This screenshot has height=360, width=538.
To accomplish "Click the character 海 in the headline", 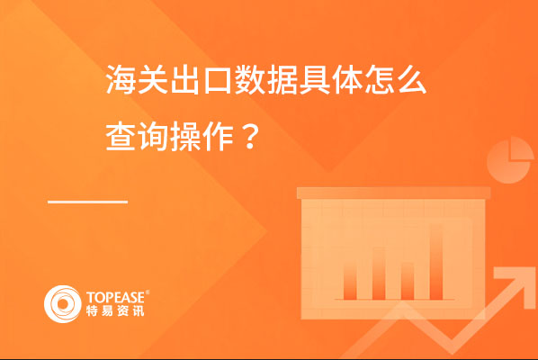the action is [120, 80].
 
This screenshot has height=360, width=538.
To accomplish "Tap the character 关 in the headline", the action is [152, 80].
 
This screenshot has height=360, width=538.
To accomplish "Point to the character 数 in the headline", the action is [250, 80].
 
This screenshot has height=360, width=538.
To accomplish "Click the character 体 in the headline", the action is [347, 80].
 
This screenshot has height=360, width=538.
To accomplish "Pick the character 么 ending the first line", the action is [412, 80].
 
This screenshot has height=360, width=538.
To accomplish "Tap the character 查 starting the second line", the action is [120, 137].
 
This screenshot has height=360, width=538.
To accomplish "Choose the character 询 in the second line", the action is [152, 137].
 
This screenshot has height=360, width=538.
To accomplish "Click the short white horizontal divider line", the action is [88, 202].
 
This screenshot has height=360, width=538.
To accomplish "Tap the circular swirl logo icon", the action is [62, 304].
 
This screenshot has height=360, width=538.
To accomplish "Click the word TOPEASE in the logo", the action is [115, 297].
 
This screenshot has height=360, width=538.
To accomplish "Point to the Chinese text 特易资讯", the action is [115, 310].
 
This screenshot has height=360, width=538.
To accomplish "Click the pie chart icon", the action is [510, 160].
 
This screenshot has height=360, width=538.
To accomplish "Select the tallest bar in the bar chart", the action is [436, 262].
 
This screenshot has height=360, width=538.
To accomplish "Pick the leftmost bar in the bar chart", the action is [350, 280].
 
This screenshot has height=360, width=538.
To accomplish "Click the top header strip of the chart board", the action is [393, 193].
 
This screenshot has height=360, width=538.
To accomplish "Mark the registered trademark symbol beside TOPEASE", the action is [148, 292].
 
